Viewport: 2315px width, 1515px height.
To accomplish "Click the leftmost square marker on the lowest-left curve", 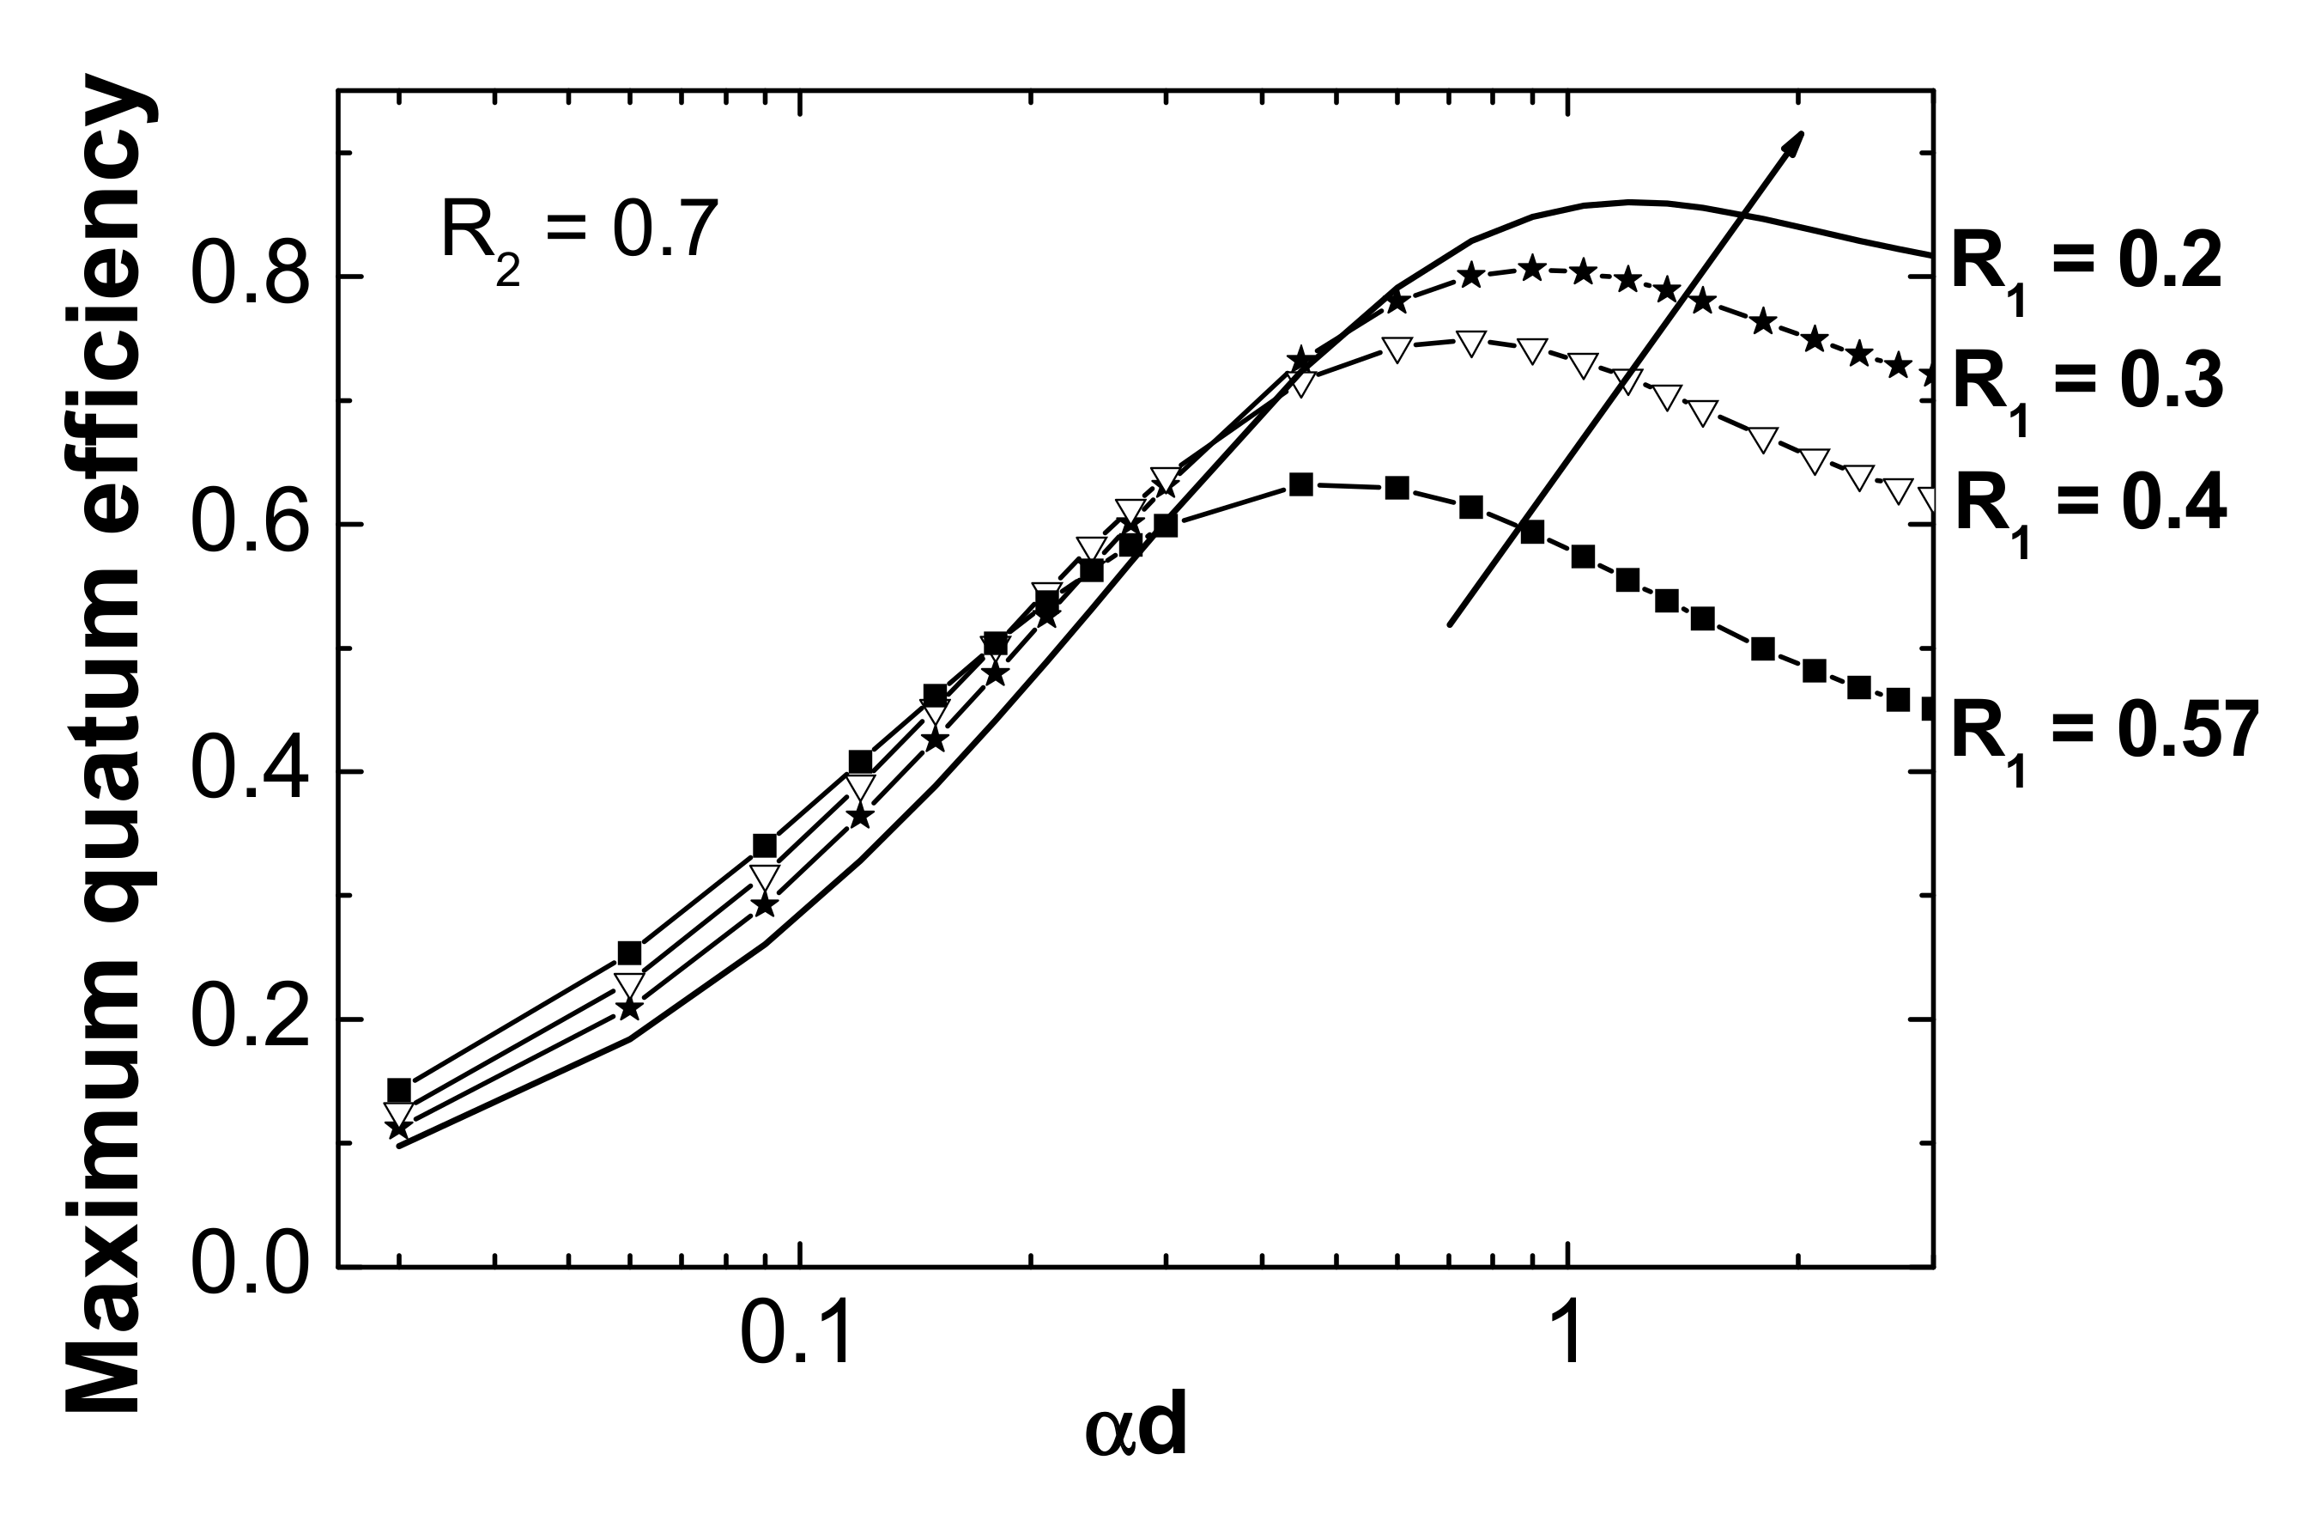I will [x=399, y=1091].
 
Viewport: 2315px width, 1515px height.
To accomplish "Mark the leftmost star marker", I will [x=397, y=1129].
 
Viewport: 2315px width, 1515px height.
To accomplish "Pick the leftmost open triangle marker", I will [x=399, y=1114].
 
